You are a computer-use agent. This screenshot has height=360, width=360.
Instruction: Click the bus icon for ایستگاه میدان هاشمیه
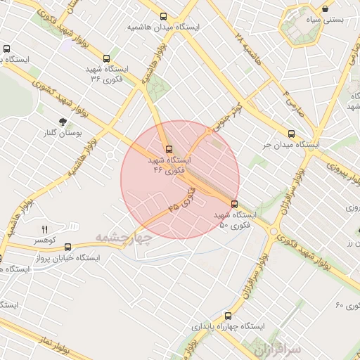tap(164, 16)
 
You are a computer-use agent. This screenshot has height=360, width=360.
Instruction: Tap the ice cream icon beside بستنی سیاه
tap(326, 8)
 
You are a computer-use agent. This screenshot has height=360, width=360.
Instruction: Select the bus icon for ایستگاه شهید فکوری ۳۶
tap(106, 59)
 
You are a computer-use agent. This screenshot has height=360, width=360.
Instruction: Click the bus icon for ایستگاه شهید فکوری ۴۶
tap(168, 149)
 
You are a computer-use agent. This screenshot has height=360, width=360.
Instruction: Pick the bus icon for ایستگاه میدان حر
tap(291, 134)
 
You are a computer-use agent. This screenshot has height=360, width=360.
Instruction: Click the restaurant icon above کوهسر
tap(45, 229)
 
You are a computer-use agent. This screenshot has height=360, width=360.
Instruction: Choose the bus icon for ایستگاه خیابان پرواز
tap(67, 247)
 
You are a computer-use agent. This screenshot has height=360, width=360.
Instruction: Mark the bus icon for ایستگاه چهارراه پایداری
tap(227, 316)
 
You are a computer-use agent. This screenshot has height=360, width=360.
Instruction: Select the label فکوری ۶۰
tap(348, 304)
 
